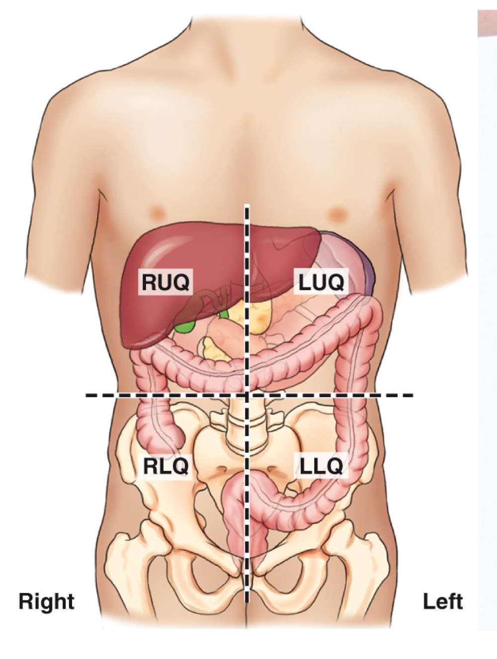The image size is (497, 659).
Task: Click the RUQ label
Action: coord(166,282)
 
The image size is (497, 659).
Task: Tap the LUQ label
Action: coord(321,282)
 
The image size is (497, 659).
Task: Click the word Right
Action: coord(46,601)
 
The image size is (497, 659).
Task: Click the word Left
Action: coord(442,601)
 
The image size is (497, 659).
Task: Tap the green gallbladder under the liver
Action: coord(185,326)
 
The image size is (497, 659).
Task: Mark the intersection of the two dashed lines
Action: coord(247,395)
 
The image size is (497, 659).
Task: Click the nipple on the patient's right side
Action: coord(158,213)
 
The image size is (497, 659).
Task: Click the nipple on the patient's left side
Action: coord(338,214)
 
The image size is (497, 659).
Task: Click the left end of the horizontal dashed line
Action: coord(87,395)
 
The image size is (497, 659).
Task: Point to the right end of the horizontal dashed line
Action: coord(412,395)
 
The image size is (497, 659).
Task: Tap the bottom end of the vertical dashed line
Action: coord(247,601)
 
